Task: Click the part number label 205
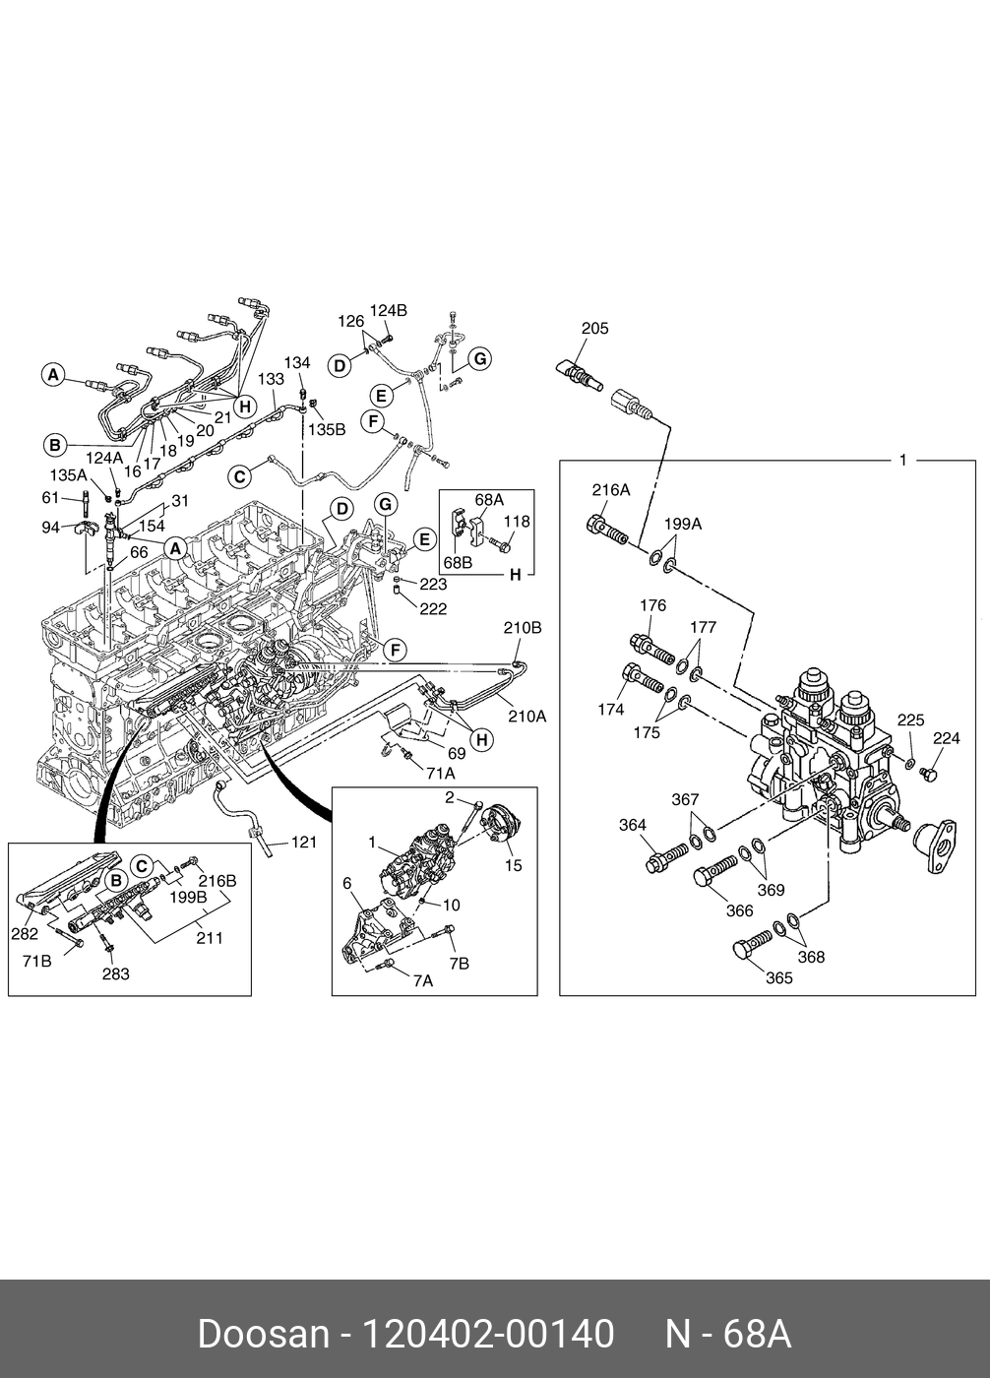[594, 329]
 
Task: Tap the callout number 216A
[610, 490]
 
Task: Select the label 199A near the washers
[683, 524]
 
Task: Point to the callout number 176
[652, 605]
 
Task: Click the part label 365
[779, 977]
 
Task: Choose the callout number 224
[946, 737]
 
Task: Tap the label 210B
[523, 628]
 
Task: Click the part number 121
[303, 842]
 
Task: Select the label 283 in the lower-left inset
[115, 973]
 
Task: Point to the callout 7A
[423, 980]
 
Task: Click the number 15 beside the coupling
[513, 865]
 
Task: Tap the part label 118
[517, 521]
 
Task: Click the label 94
[50, 528]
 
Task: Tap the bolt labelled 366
[715, 874]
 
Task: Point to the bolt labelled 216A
[607, 530]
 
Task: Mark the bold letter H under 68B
[516, 575]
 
